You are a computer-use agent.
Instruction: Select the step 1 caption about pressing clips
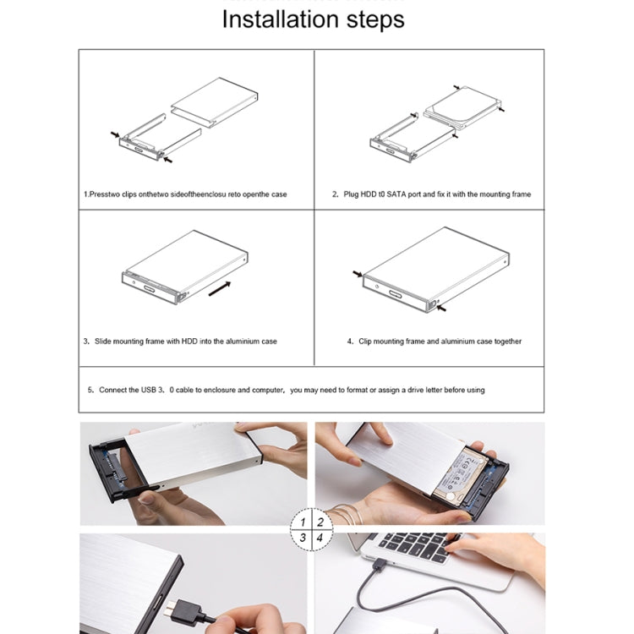[185, 194]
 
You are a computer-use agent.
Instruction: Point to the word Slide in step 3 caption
[104, 342]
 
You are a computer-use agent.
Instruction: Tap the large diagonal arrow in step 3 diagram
[219, 289]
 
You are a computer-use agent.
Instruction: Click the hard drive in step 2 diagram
[462, 107]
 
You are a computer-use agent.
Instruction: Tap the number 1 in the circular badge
[303, 522]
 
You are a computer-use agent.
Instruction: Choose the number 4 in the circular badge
[320, 538]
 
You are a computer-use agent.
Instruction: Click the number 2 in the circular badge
[320, 522]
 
